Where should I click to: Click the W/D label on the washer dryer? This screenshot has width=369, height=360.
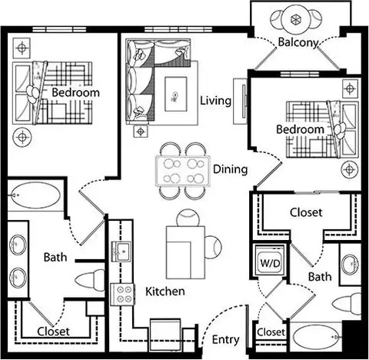coord(270,263)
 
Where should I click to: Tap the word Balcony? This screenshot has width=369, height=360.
coord(298,42)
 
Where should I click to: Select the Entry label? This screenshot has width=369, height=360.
coord(226,340)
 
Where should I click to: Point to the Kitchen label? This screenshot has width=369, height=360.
coord(165,292)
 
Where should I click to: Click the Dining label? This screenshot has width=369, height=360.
coord(231,169)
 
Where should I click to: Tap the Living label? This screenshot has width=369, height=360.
coord(215,101)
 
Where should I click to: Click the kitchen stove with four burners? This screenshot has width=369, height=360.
coord(122,295)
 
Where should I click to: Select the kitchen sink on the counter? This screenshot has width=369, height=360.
coord(121,252)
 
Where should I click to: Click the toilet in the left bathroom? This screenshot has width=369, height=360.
coord(90,281)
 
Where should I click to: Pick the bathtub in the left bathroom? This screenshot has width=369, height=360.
coord(36,195)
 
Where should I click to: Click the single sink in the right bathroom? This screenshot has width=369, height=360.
coord(350,265)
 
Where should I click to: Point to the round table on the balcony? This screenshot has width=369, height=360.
coord(296,19)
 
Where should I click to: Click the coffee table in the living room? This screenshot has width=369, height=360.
coord(176,94)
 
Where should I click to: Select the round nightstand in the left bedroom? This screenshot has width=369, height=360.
coord(22,137)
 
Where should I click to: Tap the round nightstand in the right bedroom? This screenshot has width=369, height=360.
coord(350,169)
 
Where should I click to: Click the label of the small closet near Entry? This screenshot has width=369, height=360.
coord(271,332)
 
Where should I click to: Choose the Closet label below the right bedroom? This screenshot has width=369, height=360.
coord(306,212)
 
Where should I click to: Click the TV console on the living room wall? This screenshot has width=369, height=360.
coord(240,102)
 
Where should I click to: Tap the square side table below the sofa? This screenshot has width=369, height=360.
coord(141,132)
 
